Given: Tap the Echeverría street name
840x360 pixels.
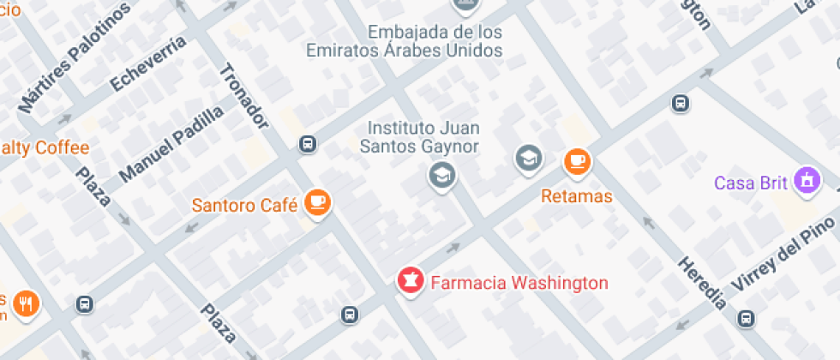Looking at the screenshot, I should (147, 63).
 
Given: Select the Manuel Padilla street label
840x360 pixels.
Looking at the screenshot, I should (171, 144).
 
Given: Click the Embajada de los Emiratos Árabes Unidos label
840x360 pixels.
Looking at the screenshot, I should (435, 41).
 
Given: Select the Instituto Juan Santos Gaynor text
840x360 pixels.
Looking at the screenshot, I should (423, 137).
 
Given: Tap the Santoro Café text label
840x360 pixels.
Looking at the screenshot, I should (244, 205).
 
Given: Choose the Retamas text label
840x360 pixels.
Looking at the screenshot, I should (577, 196).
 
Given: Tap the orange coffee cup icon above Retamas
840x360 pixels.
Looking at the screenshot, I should (577, 160).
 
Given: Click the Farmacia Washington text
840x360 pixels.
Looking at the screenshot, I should (519, 283).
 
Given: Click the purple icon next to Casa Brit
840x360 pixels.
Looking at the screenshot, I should (806, 181).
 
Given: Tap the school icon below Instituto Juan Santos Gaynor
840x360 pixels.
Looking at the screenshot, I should (442, 177).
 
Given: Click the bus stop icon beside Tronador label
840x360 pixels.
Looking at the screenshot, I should (308, 144).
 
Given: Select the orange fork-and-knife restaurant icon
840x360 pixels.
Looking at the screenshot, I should (27, 303).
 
